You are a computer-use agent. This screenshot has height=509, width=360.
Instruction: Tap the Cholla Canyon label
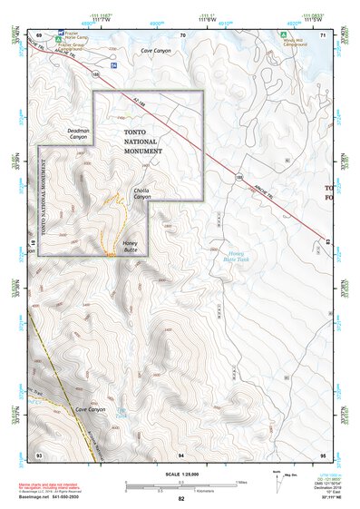coord(141,193)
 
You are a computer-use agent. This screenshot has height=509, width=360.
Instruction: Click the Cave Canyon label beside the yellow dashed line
coord(91,410)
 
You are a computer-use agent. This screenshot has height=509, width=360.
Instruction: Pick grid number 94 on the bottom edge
coord(181,454)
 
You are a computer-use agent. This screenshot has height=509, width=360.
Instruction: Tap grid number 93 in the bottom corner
coord(38,454)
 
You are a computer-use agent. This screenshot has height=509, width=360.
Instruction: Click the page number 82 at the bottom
coord(180,499)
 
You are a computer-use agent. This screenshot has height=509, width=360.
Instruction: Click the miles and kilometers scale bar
coord(180,485)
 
